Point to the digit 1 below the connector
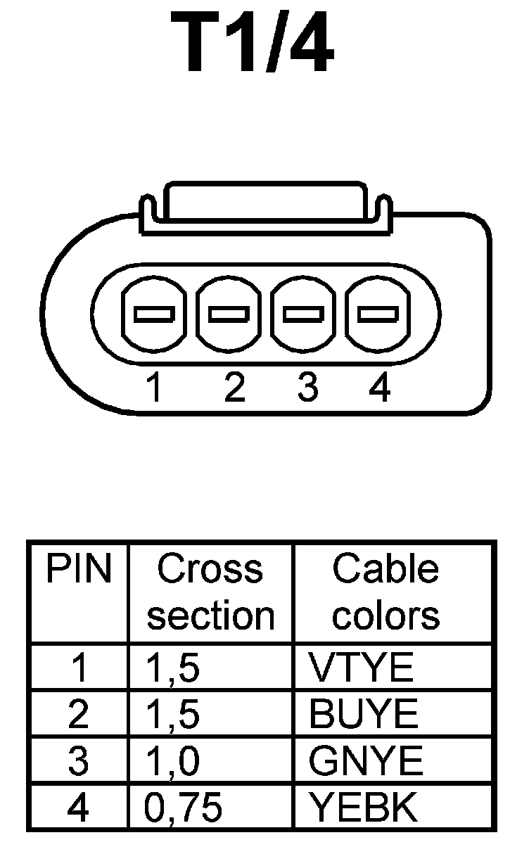154,388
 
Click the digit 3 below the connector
307,388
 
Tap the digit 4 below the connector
380,388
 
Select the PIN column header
78,569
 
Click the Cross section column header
210,592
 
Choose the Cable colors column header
385,592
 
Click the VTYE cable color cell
361,668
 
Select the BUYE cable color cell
363,715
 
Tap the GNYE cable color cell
366,761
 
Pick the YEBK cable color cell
363,808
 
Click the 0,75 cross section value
183,808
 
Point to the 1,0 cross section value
172,761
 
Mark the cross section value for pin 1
172,668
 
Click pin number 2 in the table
78,715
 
